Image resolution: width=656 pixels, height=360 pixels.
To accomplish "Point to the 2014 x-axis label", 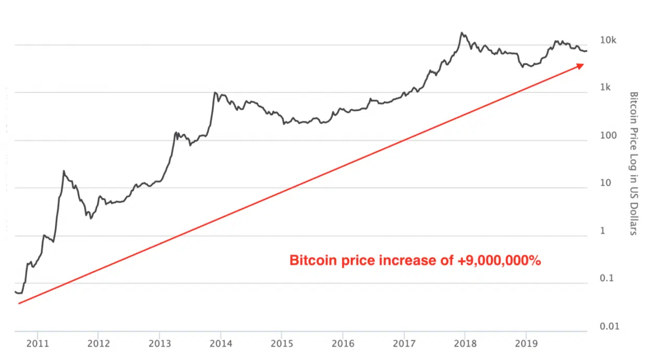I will point(220,344).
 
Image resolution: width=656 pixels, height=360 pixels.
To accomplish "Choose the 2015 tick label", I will point(281,344).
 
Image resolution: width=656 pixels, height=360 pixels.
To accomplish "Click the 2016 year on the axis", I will point(342,344).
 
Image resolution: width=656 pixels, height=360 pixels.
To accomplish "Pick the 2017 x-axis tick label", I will point(403,344).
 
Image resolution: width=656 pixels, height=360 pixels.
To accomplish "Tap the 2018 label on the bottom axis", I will point(464,344).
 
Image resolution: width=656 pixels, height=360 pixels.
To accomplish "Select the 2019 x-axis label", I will point(525,344).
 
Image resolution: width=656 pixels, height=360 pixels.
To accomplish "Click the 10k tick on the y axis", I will point(608,40).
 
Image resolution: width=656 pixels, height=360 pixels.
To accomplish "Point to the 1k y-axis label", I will point(605,88).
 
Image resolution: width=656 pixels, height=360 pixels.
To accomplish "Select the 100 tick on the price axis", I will point(608,136).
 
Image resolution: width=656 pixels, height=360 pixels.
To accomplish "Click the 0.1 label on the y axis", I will point(606,279).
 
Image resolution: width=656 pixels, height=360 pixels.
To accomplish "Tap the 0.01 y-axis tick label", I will point(608,327).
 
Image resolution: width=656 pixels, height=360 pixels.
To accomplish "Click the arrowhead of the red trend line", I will point(581,65).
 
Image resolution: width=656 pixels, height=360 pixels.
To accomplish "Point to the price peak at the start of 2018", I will point(461,33).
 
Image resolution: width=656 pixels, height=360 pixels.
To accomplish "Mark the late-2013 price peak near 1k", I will point(214,93).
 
